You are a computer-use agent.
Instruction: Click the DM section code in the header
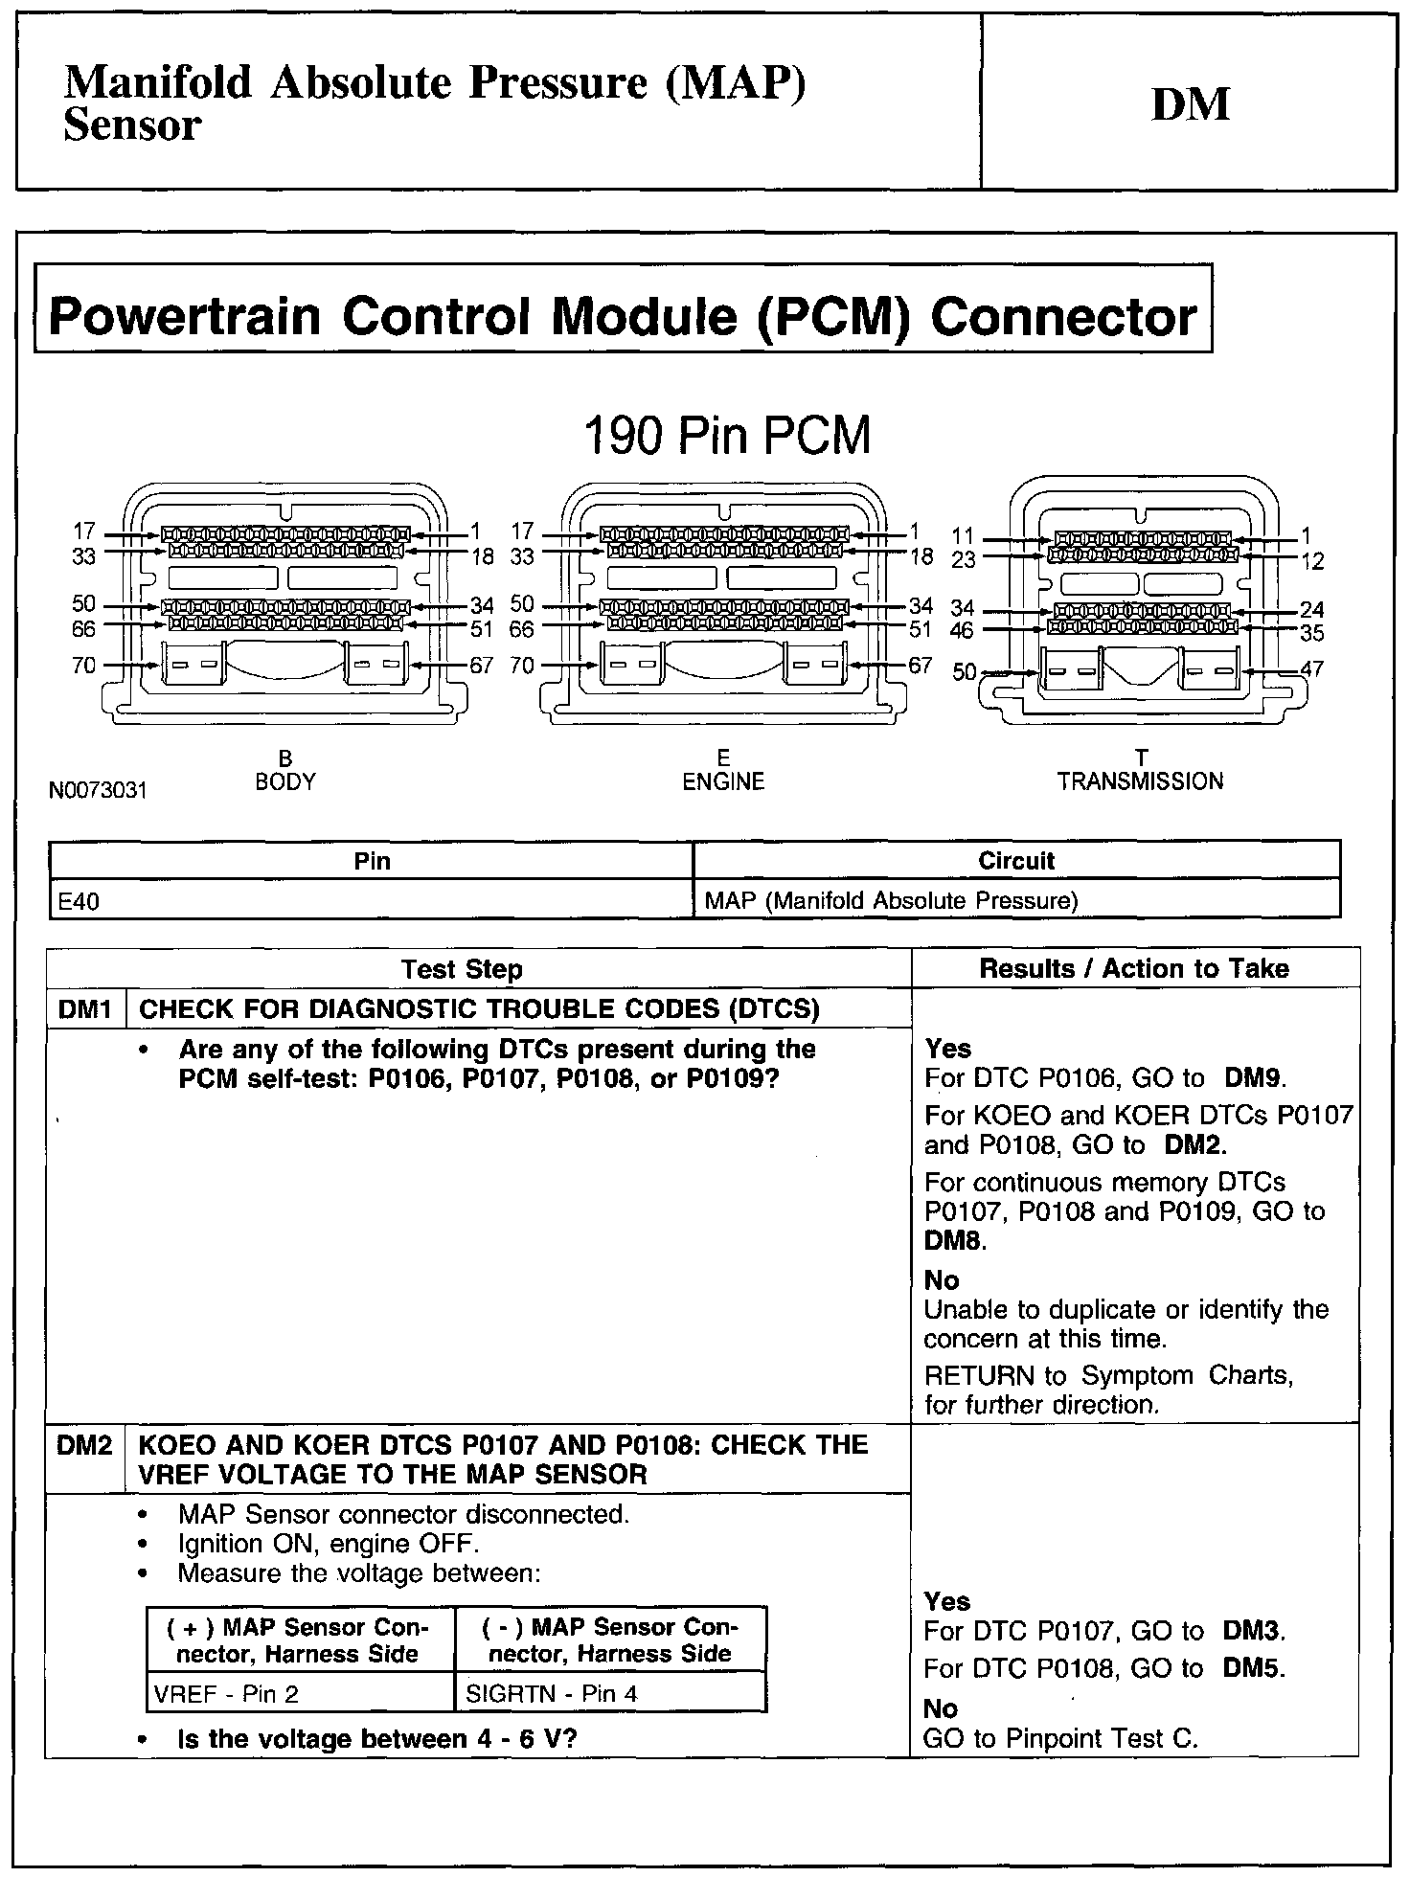point(1190,104)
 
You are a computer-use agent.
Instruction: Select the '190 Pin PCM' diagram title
point(727,436)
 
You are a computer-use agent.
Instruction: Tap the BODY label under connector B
point(284,781)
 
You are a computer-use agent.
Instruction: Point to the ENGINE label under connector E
point(723,781)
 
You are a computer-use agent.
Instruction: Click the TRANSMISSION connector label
point(1140,781)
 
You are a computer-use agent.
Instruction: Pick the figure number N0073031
point(99,791)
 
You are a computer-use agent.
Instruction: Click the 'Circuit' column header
point(1016,860)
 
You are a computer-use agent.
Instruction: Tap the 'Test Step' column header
point(462,969)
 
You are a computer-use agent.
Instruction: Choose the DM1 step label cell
point(85,1008)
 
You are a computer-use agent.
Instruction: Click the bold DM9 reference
point(1253,1078)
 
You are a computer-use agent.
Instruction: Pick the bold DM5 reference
point(1251,1668)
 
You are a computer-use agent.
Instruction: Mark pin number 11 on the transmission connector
point(963,536)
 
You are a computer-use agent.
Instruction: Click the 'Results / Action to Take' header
point(1134,968)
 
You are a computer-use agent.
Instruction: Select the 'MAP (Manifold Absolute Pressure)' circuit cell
point(891,901)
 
